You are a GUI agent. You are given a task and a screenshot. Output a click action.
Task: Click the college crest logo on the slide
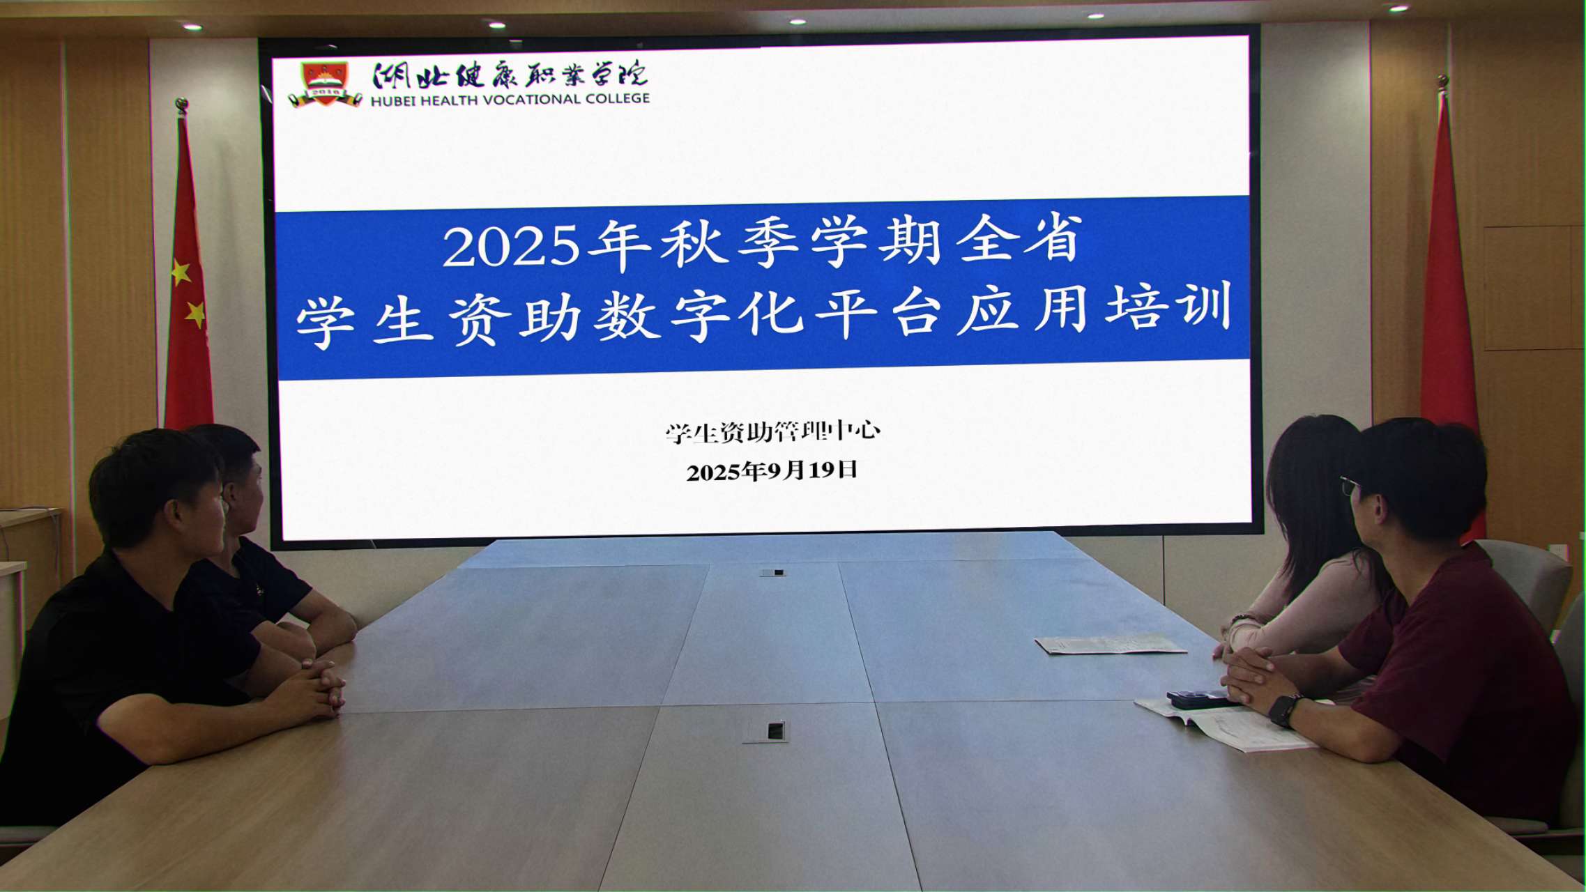[325, 84]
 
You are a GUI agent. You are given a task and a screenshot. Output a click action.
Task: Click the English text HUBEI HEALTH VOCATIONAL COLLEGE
[510, 100]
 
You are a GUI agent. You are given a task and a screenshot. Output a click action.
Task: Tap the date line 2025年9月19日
[772, 471]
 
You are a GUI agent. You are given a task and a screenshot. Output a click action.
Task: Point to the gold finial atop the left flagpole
[182, 107]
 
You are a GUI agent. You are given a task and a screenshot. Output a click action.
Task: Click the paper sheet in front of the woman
[1111, 645]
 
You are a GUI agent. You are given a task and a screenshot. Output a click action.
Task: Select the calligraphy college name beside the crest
[510, 75]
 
